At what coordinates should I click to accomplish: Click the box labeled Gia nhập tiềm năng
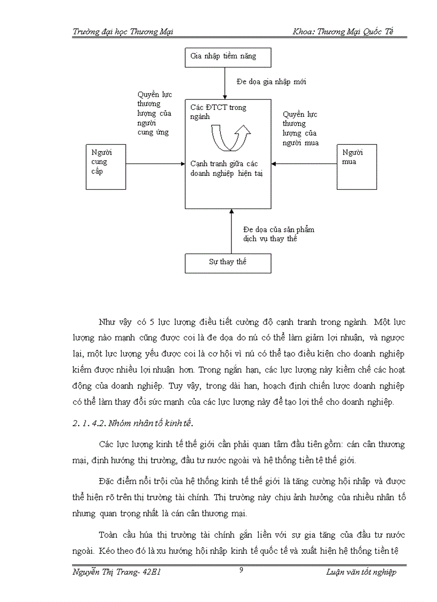(x=228, y=57)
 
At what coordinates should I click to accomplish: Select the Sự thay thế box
(x=228, y=263)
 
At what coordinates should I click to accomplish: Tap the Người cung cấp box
(x=106, y=166)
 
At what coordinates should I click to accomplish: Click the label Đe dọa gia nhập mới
(x=271, y=82)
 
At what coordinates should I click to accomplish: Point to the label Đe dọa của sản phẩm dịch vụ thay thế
(x=275, y=234)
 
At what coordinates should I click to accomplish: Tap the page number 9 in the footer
(x=241, y=570)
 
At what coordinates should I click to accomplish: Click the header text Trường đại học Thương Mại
(x=123, y=32)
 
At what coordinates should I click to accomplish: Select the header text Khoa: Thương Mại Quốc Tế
(x=343, y=32)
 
